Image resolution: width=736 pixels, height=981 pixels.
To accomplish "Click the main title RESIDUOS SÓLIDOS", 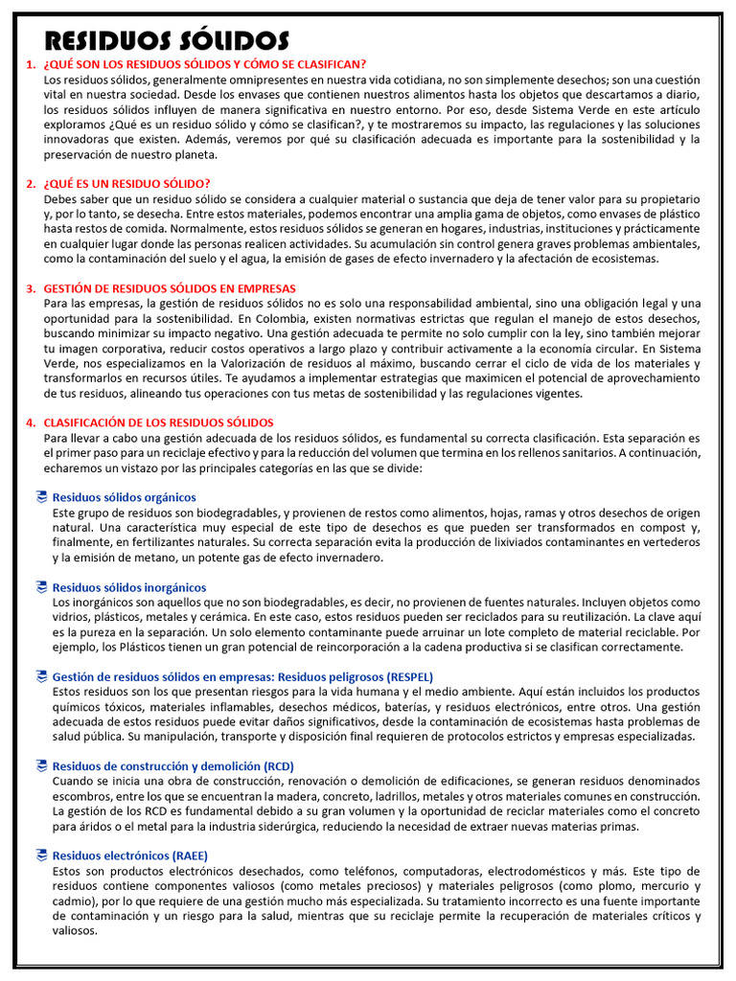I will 167,40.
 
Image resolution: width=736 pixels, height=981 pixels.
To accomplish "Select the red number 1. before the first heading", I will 31,64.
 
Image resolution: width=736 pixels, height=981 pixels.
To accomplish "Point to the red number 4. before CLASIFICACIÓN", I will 31,422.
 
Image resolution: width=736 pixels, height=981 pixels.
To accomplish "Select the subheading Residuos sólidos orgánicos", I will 124,497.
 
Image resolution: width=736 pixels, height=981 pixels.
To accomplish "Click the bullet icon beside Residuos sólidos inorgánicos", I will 40,586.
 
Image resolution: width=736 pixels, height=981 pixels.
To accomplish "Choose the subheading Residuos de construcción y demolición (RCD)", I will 172,766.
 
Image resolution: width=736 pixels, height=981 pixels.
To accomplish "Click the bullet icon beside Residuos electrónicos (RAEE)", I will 40,856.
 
